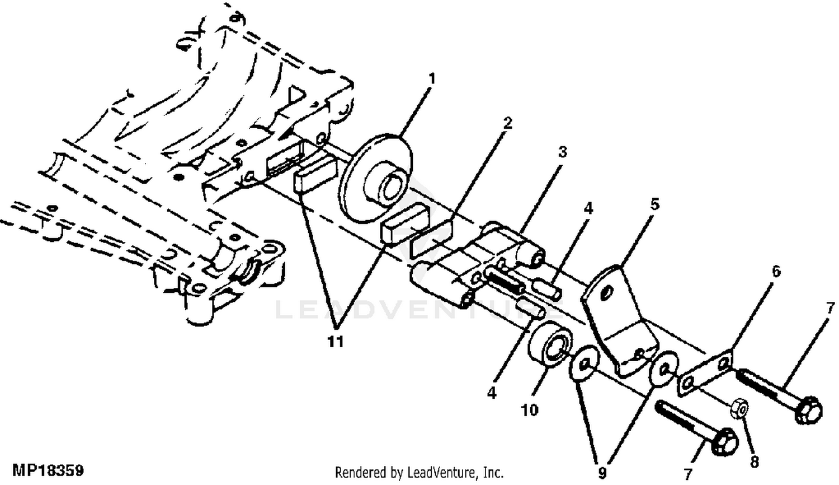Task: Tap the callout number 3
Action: pyautogui.click(x=562, y=152)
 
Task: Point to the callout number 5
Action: pyautogui.click(x=654, y=204)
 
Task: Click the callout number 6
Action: pyautogui.click(x=775, y=272)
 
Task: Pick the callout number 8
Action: pyautogui.click(x=754, y=463)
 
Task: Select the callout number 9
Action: pyautogui.click(x=602, y=473)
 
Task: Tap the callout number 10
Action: pyautogui.click(x=529, y=410)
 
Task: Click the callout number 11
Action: pyautogui.click(x=336, y=341)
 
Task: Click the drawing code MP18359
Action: pyautogui.click(x=48, y=469)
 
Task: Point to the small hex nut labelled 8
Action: pyautogui.click(x=739, y=409)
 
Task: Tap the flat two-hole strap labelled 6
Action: pyautogui.click(x=706, y=374)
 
